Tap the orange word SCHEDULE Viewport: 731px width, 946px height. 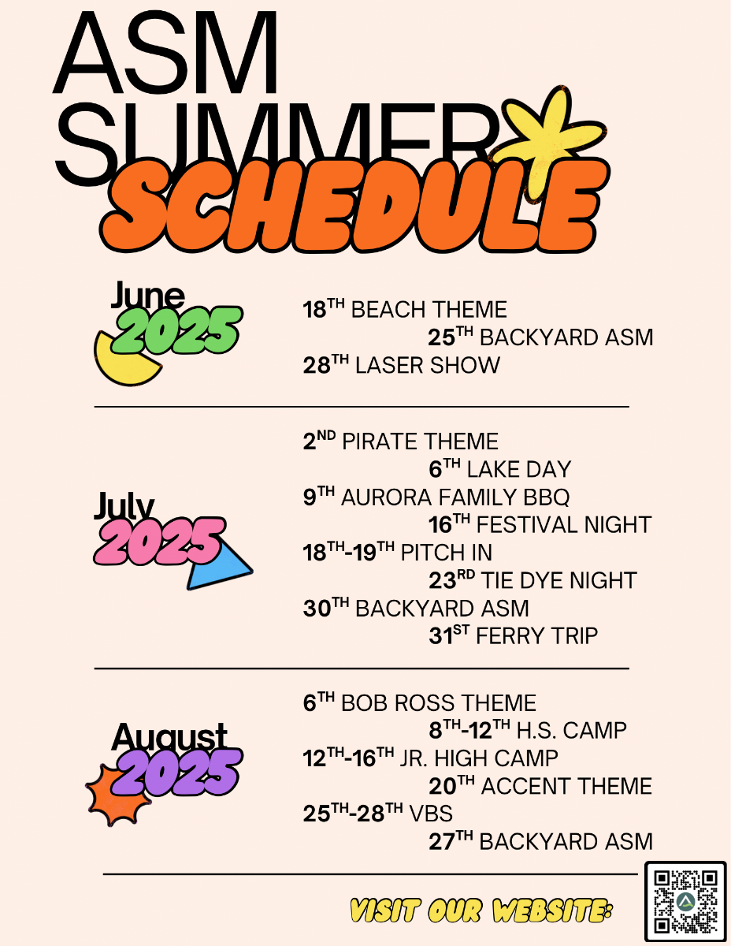pos(354,206)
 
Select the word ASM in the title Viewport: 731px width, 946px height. pos(165,52)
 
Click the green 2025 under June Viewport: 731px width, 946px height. pos(176,330)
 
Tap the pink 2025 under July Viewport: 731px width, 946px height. pos(159,541)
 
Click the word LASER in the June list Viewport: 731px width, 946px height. pos(390,365)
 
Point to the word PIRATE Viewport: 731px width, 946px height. pos(377,441)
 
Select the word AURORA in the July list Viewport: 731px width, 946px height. pos(387,497)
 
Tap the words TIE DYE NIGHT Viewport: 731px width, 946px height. pos(559,580)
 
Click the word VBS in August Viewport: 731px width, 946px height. pos(431,814)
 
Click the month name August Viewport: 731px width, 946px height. pos(169,737)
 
